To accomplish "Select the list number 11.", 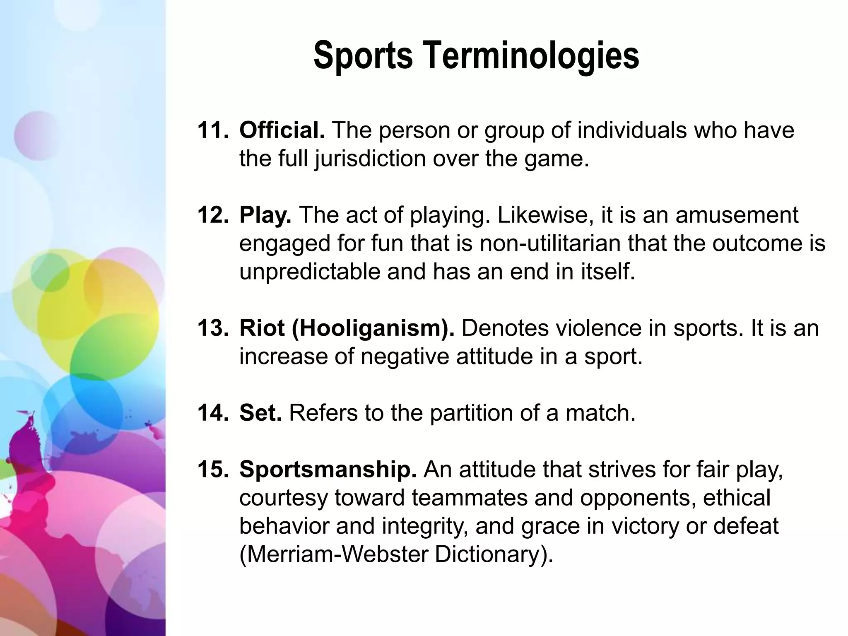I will point(212,130).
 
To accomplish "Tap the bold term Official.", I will point(282,130).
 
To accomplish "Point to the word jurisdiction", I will point(370,159).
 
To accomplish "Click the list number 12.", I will point(212,215).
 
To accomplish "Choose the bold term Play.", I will point(265,215).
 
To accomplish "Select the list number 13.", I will point(212,328).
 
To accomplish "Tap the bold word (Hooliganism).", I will point(373,328).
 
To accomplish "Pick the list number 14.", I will point(212,413).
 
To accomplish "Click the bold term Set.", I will point(260,413).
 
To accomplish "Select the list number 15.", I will point(212,470).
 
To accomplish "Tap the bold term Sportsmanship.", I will point(328,470).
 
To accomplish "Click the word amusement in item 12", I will point(737,215).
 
